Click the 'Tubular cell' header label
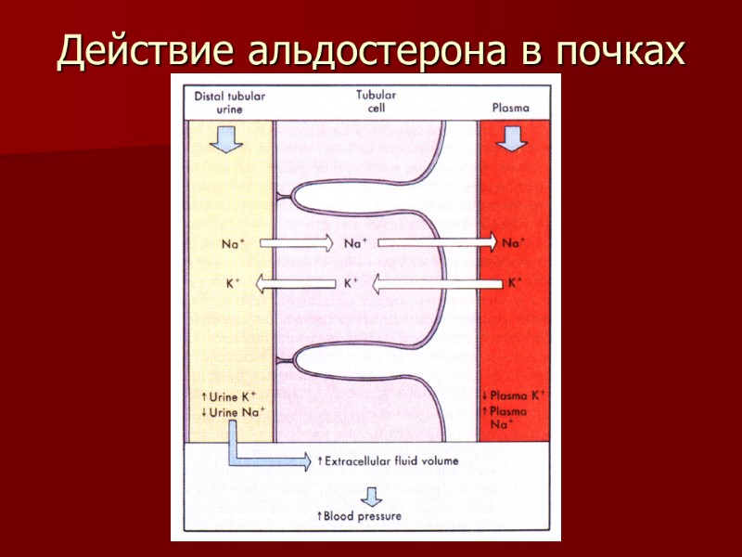click(x=377, y=101)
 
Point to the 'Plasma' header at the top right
click(x=511, y=107)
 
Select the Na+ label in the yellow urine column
click(x=233, y=245)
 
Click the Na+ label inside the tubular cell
click(x=353, y=245)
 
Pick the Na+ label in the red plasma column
click(x=512, y=244)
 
